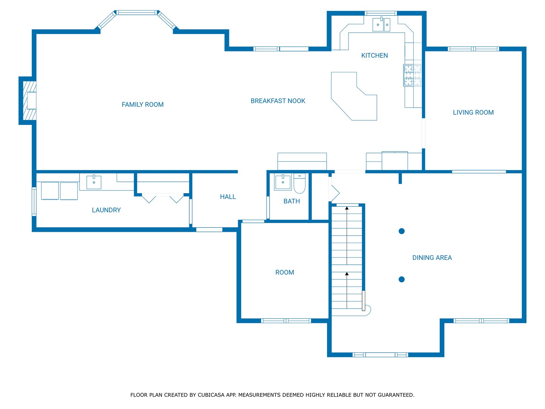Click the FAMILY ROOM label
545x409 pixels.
pos(143,105)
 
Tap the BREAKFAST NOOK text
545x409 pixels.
pos(278,101)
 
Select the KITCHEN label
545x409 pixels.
pos(374,55)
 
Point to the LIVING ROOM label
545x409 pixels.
pos(473,112)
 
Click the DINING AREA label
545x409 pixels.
pos(432,258)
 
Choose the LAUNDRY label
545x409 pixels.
pos(106,210)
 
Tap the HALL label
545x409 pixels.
pos(228,197)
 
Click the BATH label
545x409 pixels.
pos(292,201)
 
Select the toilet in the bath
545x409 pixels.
pos(299,183)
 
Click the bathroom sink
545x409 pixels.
pos(283,182)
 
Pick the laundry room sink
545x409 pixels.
pos(94,182)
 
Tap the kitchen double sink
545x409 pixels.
pos(381,24)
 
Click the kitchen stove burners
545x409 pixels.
pos(413,75)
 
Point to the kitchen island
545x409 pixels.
pos(354,96)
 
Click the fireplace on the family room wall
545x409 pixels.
pos(30,101)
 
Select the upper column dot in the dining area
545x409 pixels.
pos(402,231)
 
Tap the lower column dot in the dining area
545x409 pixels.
pos(402,279)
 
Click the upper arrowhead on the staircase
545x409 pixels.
pos(347,208)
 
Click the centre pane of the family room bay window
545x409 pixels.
pos(137,12)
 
